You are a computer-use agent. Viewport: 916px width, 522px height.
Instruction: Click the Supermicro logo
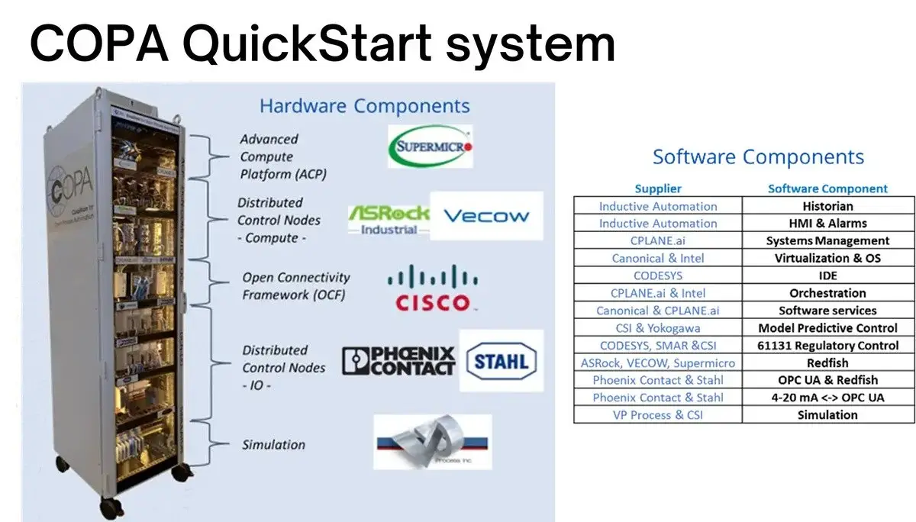tap(430, 146)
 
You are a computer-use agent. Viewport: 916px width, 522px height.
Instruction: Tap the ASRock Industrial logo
tap(389, 219)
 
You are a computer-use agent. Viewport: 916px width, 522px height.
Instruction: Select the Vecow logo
tap(486, 216)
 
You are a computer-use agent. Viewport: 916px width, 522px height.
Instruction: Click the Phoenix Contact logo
tap(398, 361)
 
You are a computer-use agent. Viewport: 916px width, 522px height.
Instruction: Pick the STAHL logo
tap(502, 360)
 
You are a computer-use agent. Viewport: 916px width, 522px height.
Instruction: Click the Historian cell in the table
tap(827, 206)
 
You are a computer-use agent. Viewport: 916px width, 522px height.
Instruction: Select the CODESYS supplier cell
tap(658, 275)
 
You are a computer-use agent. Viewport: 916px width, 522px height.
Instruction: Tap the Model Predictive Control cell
tap(827, 328)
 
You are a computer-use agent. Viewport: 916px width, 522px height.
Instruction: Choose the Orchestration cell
tap(827, 293)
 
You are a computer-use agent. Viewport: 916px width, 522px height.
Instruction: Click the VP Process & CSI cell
tap(658, 415)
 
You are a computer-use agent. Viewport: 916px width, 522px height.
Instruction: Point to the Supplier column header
tap(658, 188)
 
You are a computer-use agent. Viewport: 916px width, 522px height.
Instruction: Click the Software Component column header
tap(827, 188)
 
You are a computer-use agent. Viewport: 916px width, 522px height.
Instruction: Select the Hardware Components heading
tap(365, 105)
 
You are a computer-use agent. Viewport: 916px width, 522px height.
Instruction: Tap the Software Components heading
tap(758, 157)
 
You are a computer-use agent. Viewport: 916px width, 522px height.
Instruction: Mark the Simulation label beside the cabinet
tap(273, 445)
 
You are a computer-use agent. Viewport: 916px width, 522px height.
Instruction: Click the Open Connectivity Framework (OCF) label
tap(295, 286)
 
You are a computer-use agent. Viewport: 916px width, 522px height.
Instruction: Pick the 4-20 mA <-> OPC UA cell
tap(827, 398)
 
